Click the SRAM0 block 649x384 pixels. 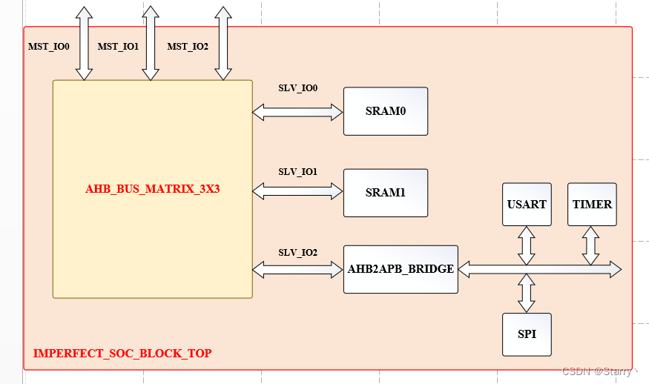pyautogui.click(x=385, y=111)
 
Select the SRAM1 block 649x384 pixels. pyautogui.click(x=385, y=193)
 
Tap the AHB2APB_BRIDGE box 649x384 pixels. pyautogui.click(x=401, y=269)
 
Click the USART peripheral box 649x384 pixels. pyautogui.click(x=527, y=204)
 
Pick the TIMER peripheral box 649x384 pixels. pyautogui.click(x=592, y=204)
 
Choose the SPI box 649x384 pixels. pyautogui.click(x=527, y=334)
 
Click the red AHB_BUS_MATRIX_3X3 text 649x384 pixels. pyautogui.click(x=153, y=189)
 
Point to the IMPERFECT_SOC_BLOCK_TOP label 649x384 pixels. pyautogui.click(x=122, y=354)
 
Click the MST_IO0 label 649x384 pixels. pyautogui.click(x=49, y=46)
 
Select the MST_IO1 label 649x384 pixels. pyautogui.click(x=118, y=46)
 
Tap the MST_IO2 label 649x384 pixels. pyautogui.click(x=188, y=46)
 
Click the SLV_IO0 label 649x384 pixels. pyautogui.click(x=297, y=88)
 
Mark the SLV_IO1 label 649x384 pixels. pyautogui.click(x=297, y=171)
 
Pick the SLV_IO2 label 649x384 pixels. pyautogui.click(x=297, y=253)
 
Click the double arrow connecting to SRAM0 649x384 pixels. pyautogui.click(x=297, y=112)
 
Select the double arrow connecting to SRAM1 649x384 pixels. pyautogui.click(x=297, y=191)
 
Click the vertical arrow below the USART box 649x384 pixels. pyautogui.click(x=527, y=245)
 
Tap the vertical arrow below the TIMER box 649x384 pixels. pyautogui.click(x=591, y=245)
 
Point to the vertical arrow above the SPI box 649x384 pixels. pyautogui.click(x=527, y=294)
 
